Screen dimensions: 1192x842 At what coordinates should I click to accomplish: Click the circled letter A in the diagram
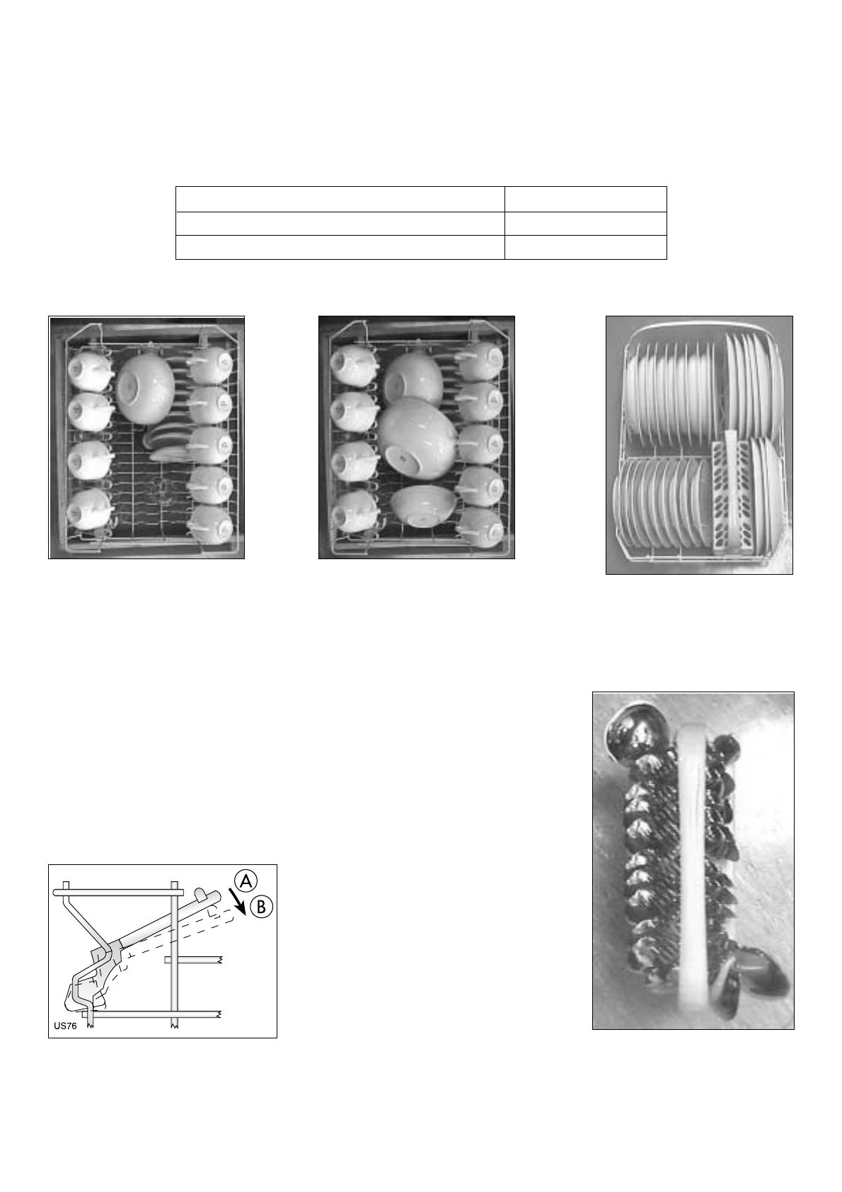(x=246, y=881)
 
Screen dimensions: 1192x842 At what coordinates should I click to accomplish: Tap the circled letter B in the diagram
(x=263, y=907)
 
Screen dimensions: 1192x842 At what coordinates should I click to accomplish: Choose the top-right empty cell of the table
(x=585, y=199)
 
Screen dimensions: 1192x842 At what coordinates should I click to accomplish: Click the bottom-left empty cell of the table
(x=340, y=247)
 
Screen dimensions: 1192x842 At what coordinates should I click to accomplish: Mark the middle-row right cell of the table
(x=585, y=223)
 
